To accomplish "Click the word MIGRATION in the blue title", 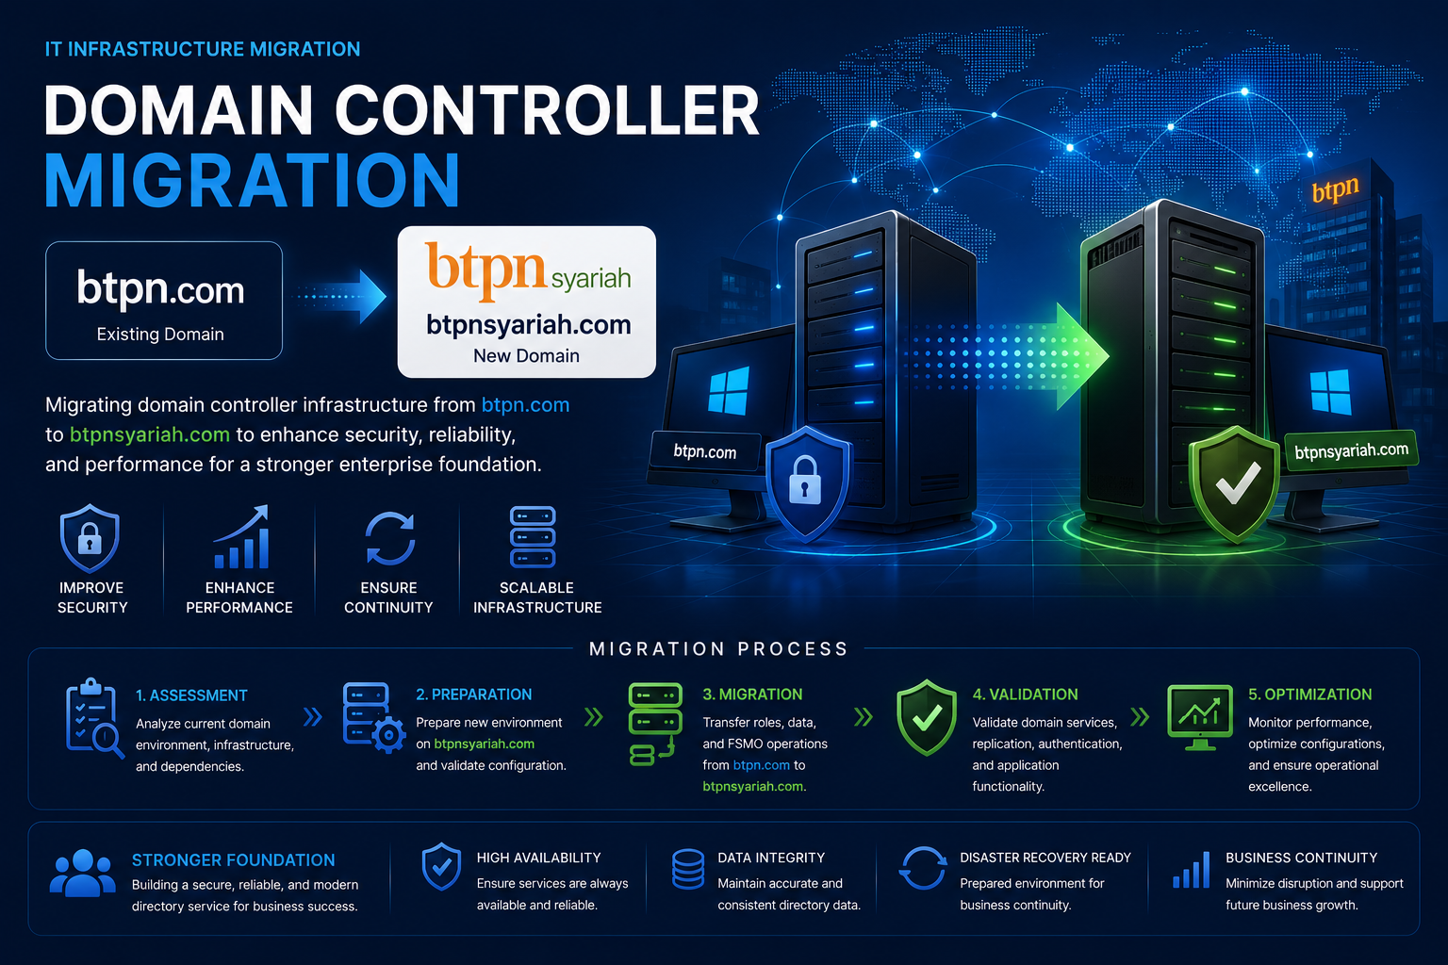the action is tap(252, 180).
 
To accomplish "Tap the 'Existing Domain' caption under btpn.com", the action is tap(160, 335).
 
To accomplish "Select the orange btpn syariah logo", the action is tap(528, 270).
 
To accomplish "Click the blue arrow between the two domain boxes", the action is tap(340, 297).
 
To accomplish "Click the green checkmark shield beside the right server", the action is tap(1236, 483).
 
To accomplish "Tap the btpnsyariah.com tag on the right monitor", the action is tap(1351, 450).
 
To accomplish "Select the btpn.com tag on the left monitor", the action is tap(704, 450).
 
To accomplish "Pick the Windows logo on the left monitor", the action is tap(729, 391).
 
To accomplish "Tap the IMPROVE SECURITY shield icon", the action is tap(90, 539).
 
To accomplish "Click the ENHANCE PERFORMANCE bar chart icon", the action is tap(240, 538).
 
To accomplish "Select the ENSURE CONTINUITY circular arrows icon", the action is tap(389, 538).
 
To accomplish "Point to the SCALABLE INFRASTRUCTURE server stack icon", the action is tap(533, 537).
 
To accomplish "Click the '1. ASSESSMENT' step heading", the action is tap(191, 695).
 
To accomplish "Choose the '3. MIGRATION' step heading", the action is tap(752, 695).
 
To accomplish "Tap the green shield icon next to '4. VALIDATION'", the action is tap(927, 717).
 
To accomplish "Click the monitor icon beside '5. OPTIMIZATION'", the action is tap(1200, 717).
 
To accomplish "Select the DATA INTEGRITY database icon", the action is tap(688, 869).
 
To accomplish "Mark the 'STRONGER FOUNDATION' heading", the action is tap(234, 860).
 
